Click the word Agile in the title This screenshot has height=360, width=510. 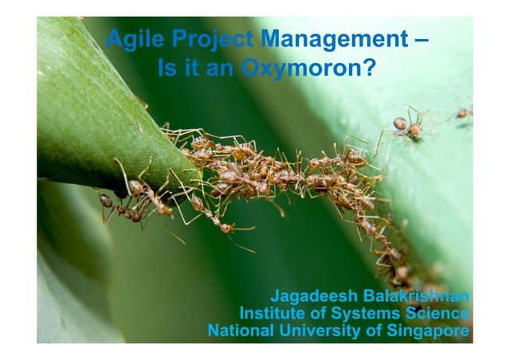[x=135, y=39]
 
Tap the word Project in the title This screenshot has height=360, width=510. [x=213, y=39]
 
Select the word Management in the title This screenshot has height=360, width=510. [x=335, y=39]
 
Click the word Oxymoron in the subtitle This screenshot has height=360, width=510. [x=301, y=69]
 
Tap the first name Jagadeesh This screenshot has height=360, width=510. [x=314, y=297]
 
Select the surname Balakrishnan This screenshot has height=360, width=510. [x=416, y=296]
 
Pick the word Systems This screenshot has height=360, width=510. [x=365, y=314]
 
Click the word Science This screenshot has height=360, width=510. [x=437, y=313]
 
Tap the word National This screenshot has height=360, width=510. [x=241, y=331]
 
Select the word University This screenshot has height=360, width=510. [x=320, y=331]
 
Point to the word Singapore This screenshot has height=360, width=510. [x=428, y=331]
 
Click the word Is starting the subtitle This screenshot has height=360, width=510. [x=167, y=68]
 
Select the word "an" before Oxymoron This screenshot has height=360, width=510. [x=220, y=70]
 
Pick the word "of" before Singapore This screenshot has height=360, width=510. [x=374, y=331]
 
